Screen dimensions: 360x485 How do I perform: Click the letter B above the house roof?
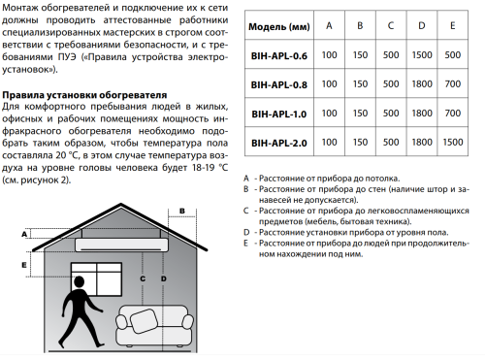click(180, 209)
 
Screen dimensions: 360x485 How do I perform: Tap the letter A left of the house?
click(23, 233)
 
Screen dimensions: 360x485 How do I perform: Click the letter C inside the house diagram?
click(142, 278)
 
